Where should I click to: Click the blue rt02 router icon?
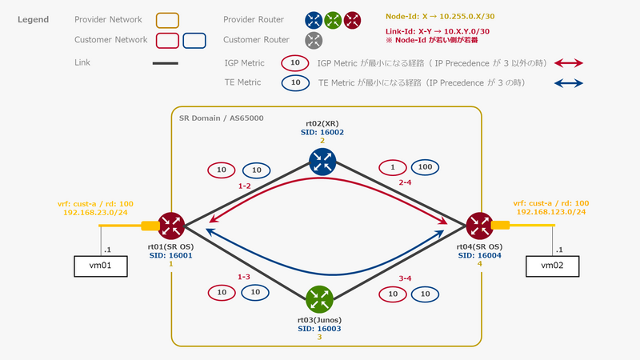pyautogui.click(x=320, y=162)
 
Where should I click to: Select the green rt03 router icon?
pyautogui.click(x=320, y=299)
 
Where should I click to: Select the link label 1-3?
pyautogui.click(x=244, y=276)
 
